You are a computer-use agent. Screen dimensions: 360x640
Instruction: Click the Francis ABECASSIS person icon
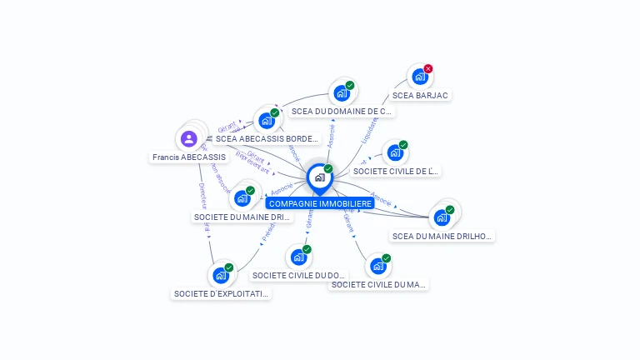(189, 138)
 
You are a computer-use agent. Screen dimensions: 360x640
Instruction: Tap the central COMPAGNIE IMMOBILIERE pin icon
(319, 177)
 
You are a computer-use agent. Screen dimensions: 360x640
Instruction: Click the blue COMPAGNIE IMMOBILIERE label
(320, 203)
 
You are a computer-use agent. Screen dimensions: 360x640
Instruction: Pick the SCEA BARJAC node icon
(419, 77)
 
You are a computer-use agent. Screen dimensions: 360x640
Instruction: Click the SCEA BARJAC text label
(420, 96)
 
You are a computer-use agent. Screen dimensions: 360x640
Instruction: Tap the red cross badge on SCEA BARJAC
(428, 68)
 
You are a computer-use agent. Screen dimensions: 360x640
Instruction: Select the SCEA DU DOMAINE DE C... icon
(341, 93)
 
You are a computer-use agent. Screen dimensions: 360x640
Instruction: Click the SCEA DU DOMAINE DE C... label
(342, 111)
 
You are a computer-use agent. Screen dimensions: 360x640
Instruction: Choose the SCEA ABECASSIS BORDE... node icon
(266, 121)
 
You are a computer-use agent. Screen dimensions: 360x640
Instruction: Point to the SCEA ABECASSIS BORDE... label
(267, 139)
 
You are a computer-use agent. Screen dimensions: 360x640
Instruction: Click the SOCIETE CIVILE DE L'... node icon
(394, 153)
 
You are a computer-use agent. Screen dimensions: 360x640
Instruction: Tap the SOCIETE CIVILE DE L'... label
(395, 172)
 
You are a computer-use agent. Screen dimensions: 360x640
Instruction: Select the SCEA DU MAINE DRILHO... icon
(442, 217)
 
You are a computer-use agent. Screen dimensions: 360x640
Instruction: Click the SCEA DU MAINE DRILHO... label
(442, 236)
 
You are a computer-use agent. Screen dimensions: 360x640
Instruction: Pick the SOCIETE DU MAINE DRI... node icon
(242, 198)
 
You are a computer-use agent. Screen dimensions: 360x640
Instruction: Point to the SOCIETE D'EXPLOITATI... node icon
(221, 275)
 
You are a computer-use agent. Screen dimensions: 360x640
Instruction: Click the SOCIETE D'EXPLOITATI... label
(222, 293)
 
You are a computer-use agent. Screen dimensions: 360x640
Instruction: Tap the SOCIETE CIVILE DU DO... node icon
(298, 257)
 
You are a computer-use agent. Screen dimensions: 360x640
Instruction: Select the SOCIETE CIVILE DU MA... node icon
(377, 266)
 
